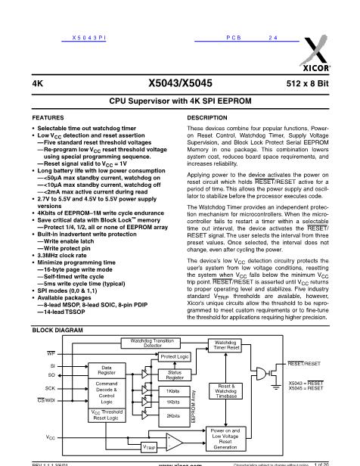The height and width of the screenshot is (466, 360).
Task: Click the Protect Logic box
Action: (x=175, y=356)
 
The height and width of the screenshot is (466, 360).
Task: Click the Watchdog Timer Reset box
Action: (x=228, y=345)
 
